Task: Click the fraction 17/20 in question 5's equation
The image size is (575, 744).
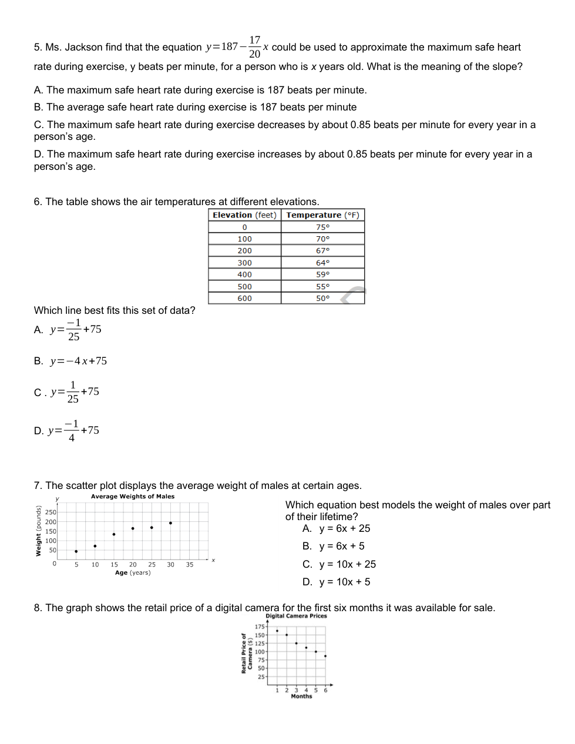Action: coord(254,47)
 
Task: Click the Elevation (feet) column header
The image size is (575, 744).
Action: coord(244,215)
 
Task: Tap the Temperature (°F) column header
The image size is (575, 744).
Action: coord(322,215)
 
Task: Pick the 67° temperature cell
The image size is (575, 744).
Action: coord(322,251)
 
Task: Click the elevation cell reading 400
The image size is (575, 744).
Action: coord(244,274)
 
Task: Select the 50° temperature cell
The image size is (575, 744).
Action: coord(322,299)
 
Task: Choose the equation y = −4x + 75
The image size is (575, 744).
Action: coord(78,361)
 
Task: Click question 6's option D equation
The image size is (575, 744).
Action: coord(73,430)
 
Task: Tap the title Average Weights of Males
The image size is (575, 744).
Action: coord(133,497)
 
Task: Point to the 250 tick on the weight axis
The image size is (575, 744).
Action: coord(51,512)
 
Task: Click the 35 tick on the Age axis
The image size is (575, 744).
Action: coord(190,565)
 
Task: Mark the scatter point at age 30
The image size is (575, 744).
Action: coord(170,522)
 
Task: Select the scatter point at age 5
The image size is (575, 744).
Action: coord(76,551)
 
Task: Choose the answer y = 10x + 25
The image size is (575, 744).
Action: coord(347,564)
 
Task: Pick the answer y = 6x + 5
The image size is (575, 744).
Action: coord(341,546)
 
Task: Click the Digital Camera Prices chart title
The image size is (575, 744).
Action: coord(296,616)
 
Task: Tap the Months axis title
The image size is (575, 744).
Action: coord(301,696)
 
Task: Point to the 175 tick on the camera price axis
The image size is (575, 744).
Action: coord(260,627)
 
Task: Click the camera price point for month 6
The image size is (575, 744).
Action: coord(325,656)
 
